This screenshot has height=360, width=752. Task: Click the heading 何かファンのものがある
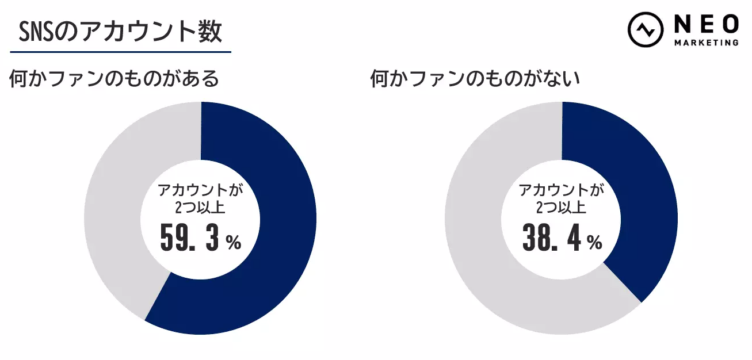click(114, 79)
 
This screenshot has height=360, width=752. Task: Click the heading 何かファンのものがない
click(475, 79)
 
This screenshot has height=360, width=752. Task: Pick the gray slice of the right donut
click(489, 259)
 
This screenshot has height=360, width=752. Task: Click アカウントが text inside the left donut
click(201, 190)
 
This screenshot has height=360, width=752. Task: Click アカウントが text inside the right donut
click(562, 190)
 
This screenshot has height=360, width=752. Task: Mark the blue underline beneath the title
click(120, 52)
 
